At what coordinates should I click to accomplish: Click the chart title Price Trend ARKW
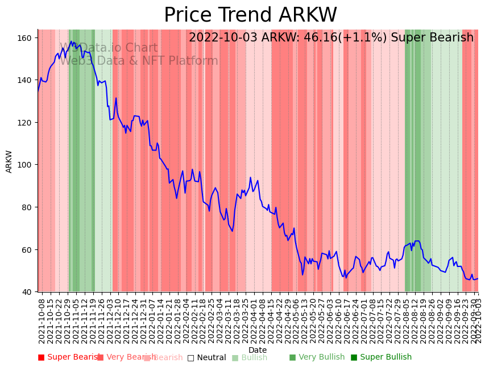tap(250, 15)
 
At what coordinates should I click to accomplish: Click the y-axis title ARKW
tap(9, 161)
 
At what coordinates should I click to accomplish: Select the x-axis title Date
tap(258, 351)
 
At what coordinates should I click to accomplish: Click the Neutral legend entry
tap(211, 358)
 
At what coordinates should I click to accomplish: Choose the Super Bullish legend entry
tap(386, 357)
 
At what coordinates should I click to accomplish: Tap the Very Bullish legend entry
tap(321, 357)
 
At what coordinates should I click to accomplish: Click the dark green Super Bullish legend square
tap(354, 357)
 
